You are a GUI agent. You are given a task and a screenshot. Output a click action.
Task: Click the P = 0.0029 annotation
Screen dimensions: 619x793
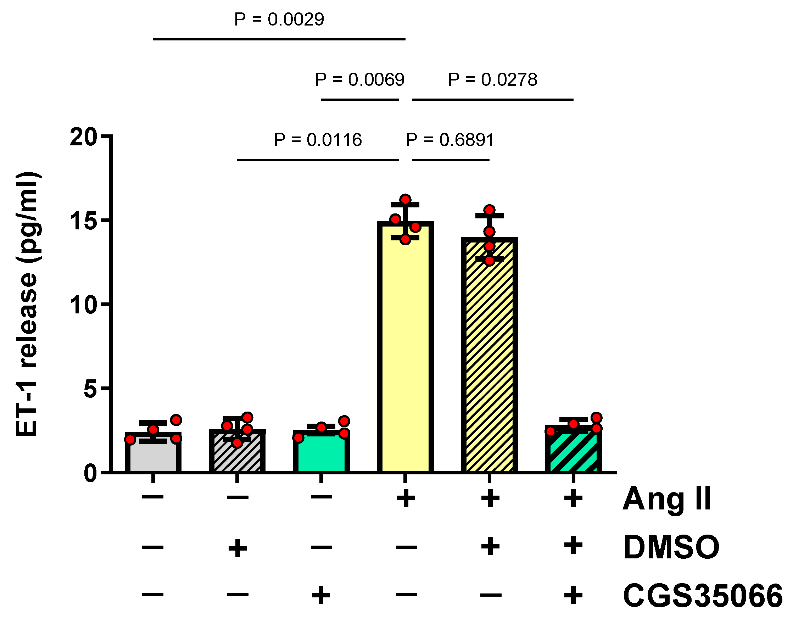(x=279, y=19)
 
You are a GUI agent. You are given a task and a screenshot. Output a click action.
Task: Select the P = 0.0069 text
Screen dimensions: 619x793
(x=359, y=79)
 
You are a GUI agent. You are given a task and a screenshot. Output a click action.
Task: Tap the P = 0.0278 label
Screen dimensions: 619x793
(x=492, y=79)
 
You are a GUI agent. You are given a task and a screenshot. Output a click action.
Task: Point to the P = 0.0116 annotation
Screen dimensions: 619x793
(x=318, y=140)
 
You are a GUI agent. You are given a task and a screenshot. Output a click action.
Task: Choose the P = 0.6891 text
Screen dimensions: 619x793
(x=450, y=140)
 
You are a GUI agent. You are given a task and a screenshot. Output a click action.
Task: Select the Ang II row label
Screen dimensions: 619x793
(x=667, y=499)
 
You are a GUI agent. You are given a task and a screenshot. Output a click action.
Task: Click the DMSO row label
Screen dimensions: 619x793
(x=671, y=547)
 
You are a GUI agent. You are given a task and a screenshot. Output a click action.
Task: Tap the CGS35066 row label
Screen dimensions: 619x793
(x=703, y=596)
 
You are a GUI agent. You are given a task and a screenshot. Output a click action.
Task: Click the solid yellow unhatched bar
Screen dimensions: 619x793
(x=405, y=348)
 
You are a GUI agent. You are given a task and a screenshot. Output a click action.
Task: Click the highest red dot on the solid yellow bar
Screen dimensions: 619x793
(x=405, y=199)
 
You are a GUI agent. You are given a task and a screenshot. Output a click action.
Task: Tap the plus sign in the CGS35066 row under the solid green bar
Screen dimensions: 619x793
(x=321, y=596)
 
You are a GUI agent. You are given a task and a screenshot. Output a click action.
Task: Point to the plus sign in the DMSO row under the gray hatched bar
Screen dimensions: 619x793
(x=238, y=548)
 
